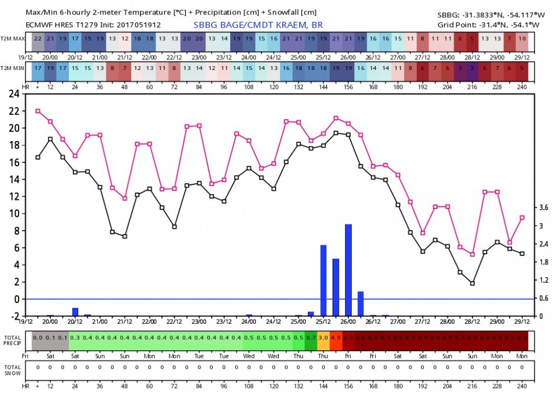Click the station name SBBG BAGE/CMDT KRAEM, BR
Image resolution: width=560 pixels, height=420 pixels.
[258, 25]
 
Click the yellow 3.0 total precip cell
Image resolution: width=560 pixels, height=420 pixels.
[323, 338]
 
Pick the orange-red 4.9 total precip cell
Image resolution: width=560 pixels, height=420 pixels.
[335, 338]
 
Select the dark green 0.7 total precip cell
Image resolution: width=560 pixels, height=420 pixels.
[311, 338]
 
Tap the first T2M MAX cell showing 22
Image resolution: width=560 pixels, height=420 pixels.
[38, 38]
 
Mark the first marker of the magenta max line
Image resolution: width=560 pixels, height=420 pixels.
[38, 111]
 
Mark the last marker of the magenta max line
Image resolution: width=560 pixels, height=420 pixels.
[522, 217]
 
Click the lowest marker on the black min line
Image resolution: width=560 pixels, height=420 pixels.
[472, 283]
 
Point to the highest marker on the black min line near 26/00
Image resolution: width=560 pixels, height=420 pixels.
[335, 133]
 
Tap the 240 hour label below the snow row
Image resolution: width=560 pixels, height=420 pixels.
[522, 386]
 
